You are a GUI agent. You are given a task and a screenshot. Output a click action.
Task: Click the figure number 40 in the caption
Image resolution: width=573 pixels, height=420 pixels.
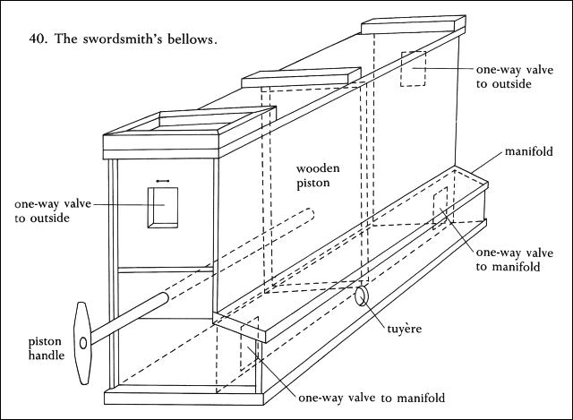click(x=33, y=40)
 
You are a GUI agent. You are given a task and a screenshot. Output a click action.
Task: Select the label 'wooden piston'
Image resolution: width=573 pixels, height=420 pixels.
click(x=311, y=176)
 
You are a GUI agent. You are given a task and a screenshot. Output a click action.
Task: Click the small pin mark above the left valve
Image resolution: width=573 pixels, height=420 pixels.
click(x=163, y=181)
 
